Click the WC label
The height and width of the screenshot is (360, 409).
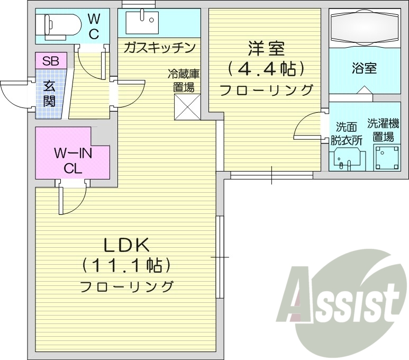[x=93, y=26]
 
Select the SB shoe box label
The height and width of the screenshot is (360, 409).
[x=51, y=60]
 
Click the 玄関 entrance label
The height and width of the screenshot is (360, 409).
[x=49, y=93]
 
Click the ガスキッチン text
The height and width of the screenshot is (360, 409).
[x=159, y=48]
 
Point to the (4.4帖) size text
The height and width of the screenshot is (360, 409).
[x=266, y=68]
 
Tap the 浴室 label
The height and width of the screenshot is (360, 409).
[x=364, y=68]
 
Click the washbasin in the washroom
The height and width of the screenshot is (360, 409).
[x=347, y=158]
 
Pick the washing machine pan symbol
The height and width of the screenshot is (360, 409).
[x=388, y=158]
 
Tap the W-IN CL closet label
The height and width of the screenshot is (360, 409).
[x=74, y=161]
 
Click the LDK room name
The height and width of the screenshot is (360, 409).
[x=127, y=245]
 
